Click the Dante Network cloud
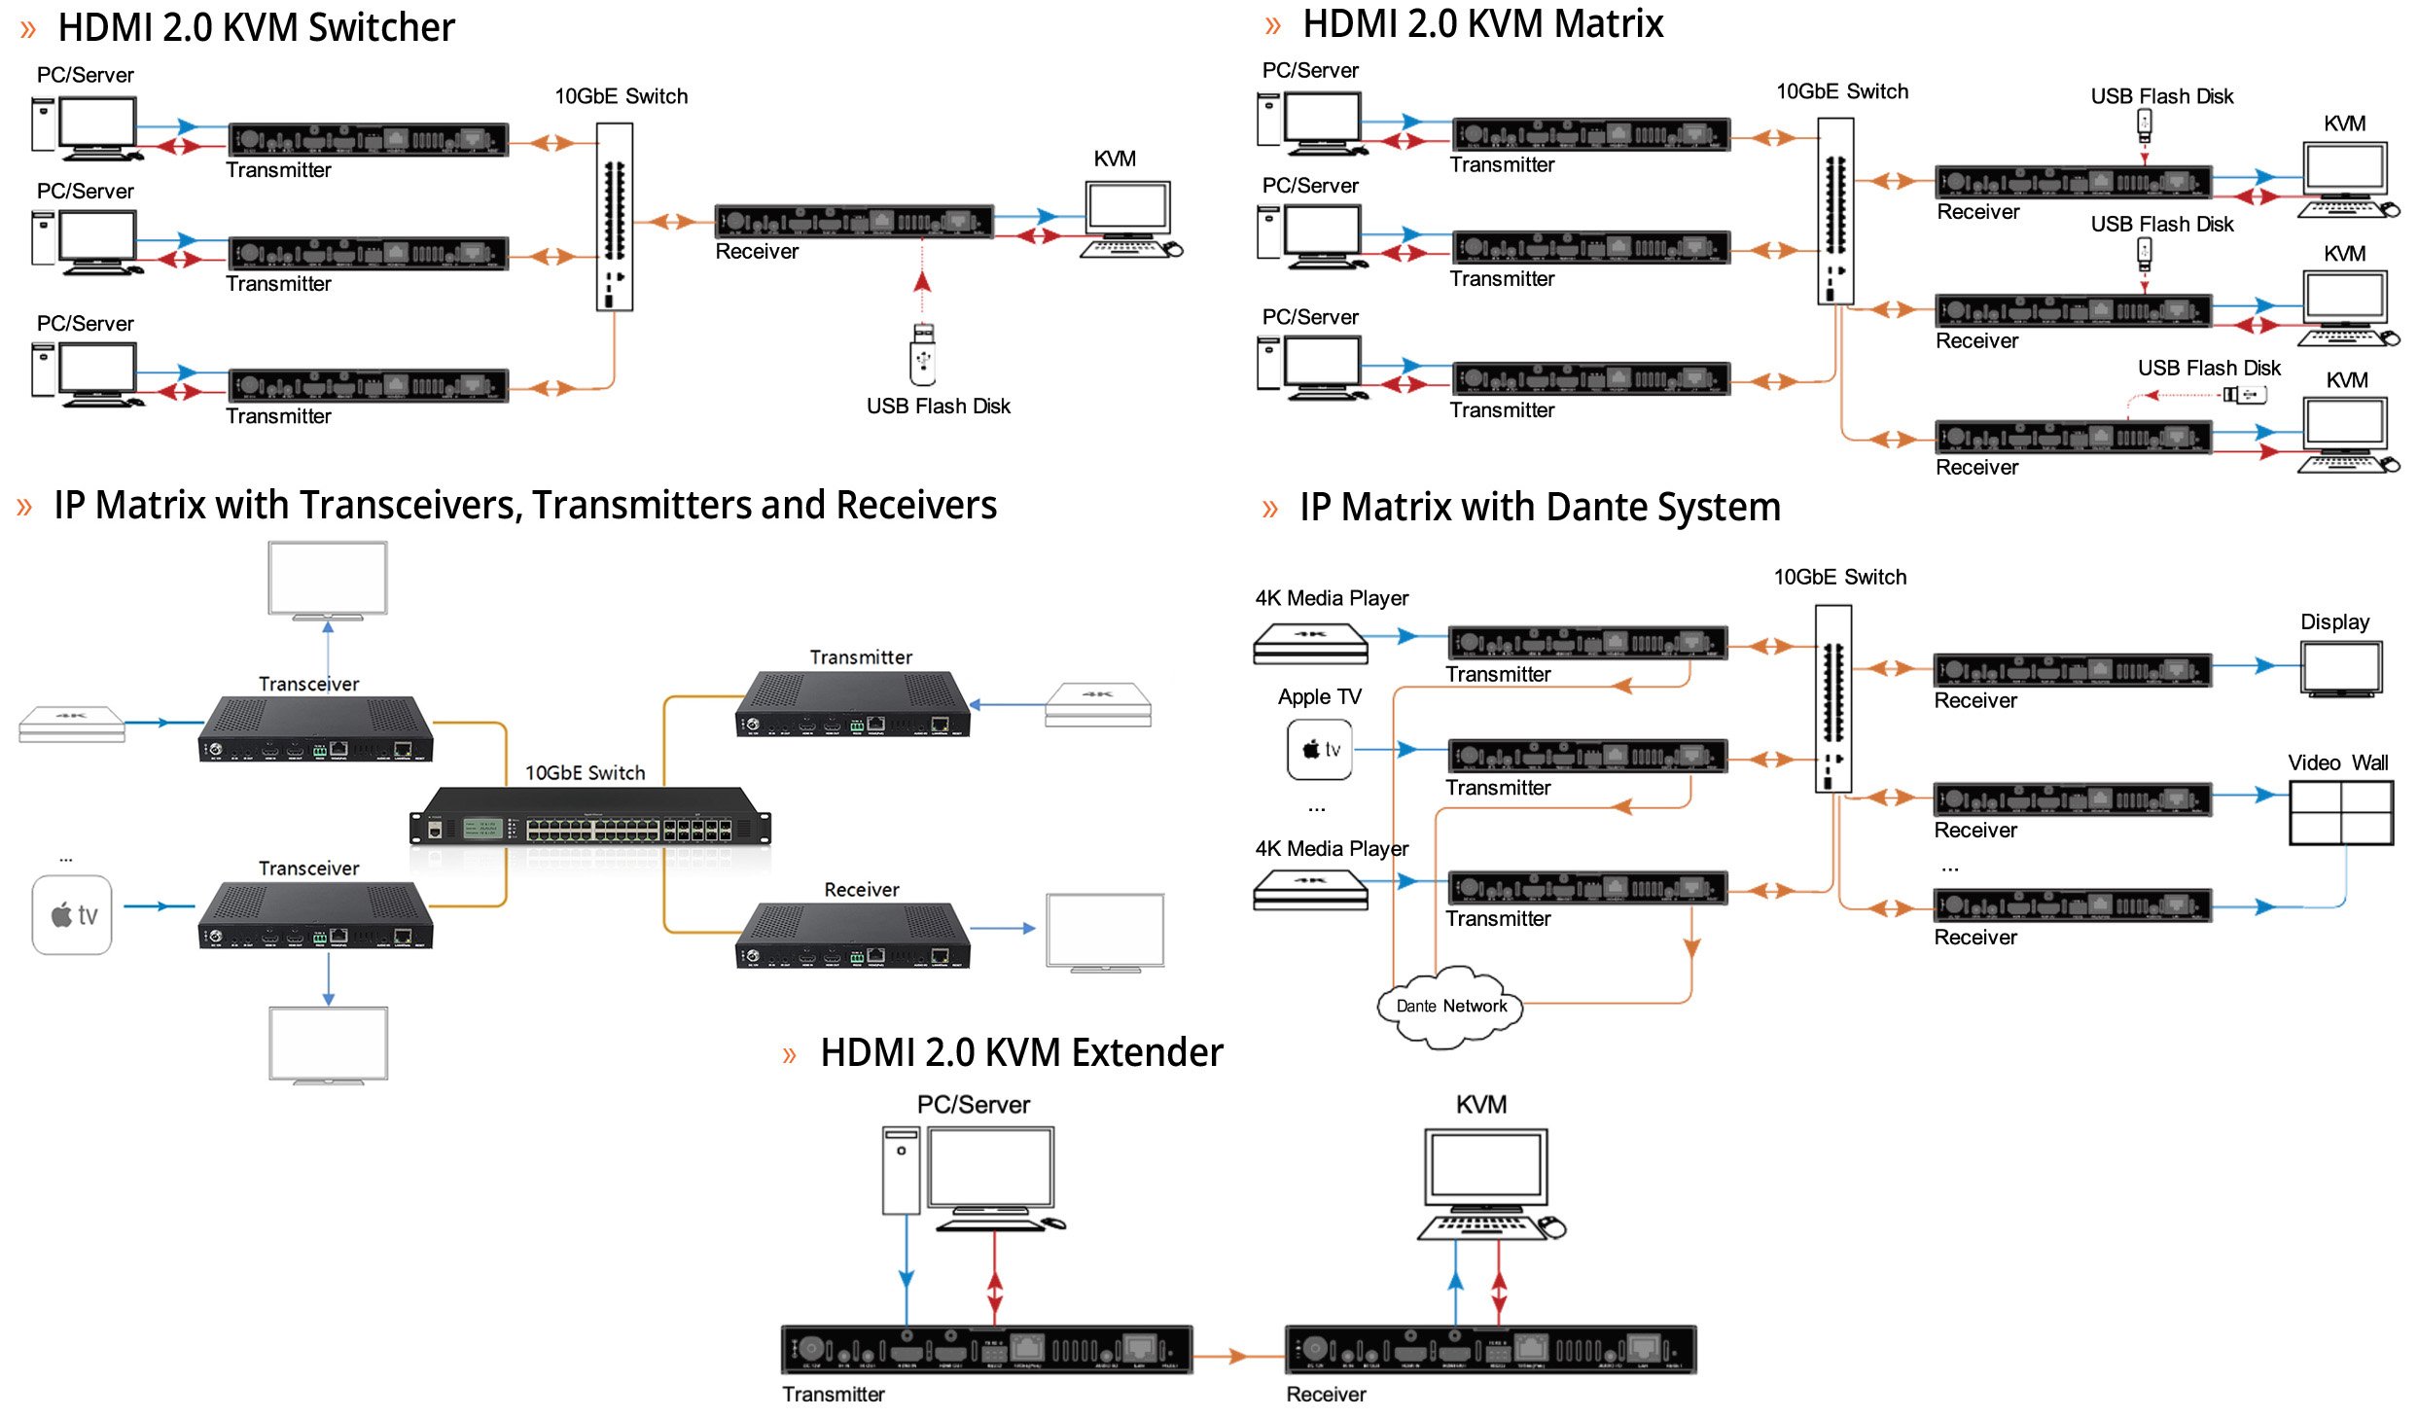tap(1450, 1007)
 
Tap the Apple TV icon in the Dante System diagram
tap(1320, 749)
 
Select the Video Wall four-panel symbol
tap(2341, 812)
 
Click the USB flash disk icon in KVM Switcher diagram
tap(923, 355)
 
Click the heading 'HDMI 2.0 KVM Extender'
tap(1020, 1053)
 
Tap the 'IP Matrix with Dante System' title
tap(1539, 508)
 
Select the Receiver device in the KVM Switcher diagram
tap(853, 222)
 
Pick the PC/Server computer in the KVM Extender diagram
tap(973, 1177)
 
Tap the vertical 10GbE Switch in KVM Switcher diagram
tap(614, 216)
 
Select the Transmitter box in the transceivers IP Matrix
tap(853, 705)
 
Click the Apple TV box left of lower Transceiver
tap(72, 914)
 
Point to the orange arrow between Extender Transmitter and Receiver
tap(1237, 1355)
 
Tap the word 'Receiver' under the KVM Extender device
tap(1325, 1394)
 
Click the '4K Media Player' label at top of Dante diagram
tap(1331, 598)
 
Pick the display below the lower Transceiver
tap(328, 1045)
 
